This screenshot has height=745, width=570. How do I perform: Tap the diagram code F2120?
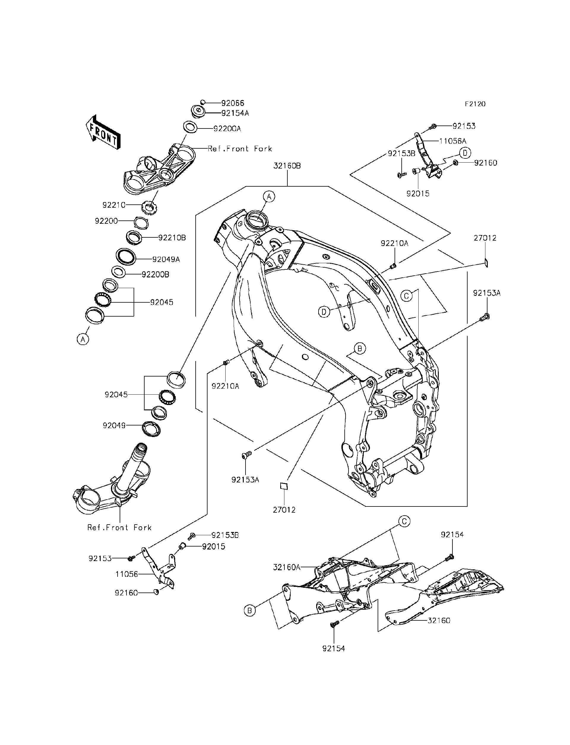click(475, 104)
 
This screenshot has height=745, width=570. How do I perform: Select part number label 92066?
click(233, 103)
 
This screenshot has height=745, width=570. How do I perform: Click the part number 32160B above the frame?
click(287, 166)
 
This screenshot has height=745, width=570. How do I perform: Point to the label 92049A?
click(166, 259)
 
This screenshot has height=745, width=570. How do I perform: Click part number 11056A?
click(453, 141)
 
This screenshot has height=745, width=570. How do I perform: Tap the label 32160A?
click(287, 567)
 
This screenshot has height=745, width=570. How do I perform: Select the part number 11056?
click(126, 574)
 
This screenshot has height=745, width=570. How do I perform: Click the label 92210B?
click(172, 238)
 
